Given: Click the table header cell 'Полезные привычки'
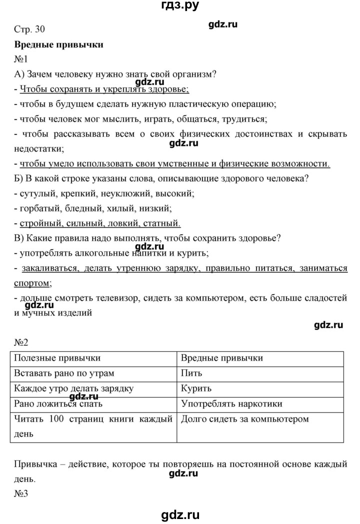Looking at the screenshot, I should coord(57,358).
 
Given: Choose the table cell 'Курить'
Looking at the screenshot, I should coord(196,388).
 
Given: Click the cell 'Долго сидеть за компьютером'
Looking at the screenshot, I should coord(245,419).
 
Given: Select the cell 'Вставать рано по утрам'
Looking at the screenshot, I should coord(64,373).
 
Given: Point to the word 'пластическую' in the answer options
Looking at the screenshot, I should coord(221,104).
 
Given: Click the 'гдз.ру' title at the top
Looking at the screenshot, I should coord(179,6).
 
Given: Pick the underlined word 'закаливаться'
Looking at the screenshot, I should coord(49,268).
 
